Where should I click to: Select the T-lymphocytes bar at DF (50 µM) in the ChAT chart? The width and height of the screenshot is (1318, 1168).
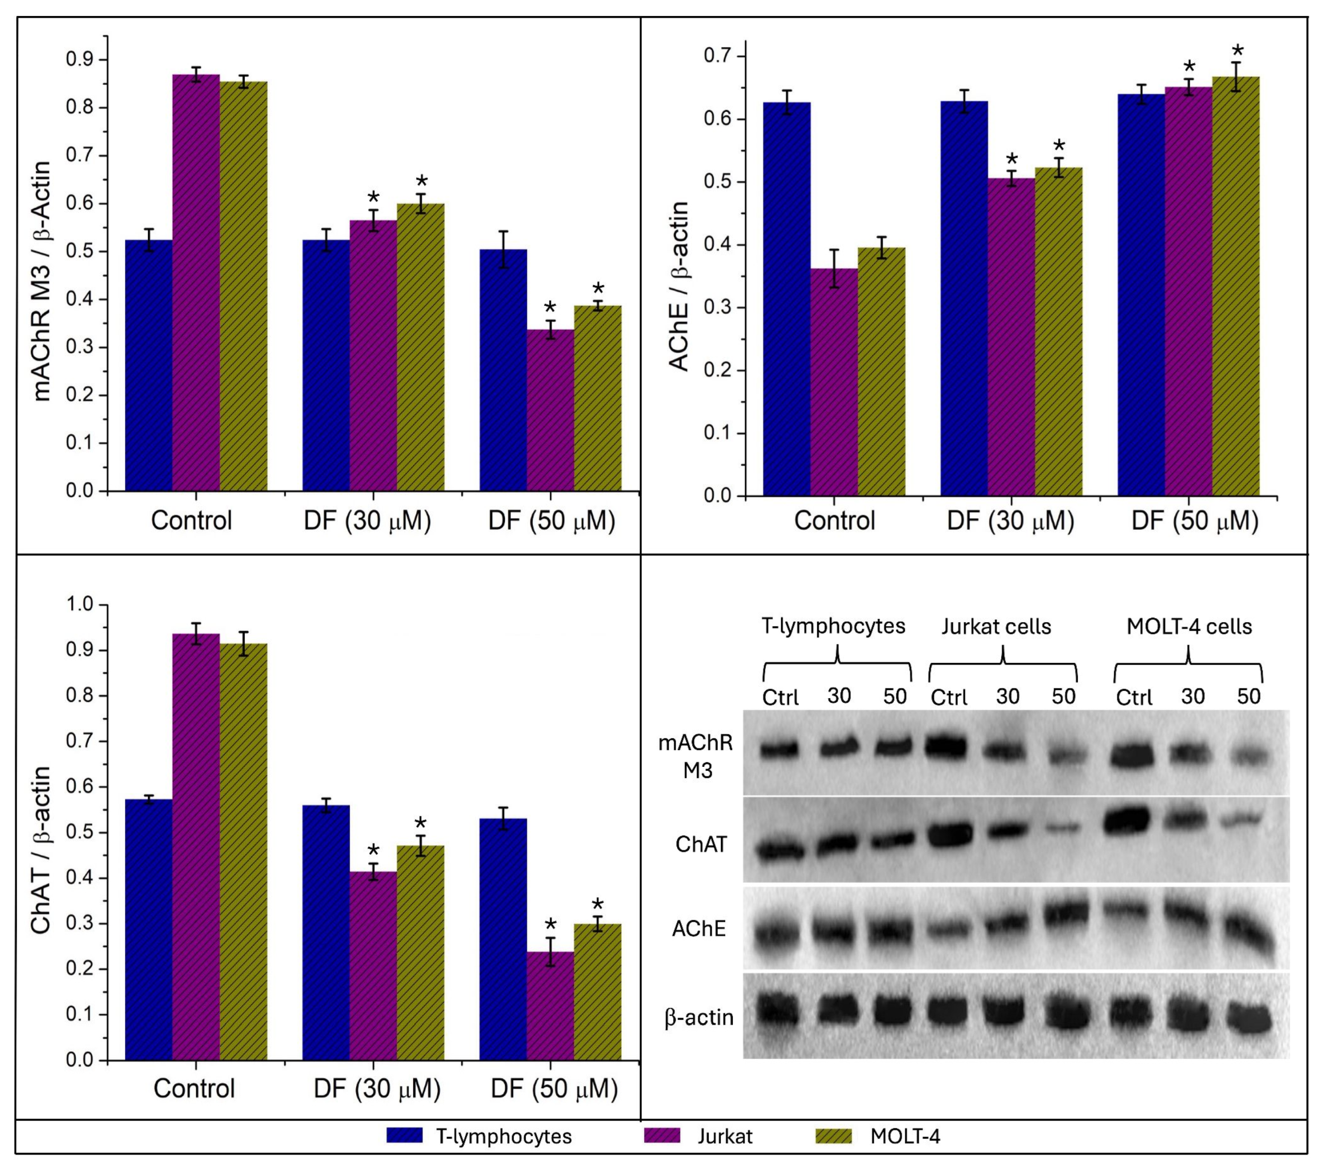click(503, 940)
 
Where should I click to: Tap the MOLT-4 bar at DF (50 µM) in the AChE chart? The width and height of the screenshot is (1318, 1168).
click(1236, 286)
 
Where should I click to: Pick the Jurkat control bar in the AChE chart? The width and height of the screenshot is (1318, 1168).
click(834, 382)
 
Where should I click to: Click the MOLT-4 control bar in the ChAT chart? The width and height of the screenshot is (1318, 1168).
click(244, 852)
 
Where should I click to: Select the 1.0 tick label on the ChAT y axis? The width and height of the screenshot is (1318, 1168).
click(81, 605)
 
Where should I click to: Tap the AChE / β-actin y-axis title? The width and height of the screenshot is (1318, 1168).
click(678, 286)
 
